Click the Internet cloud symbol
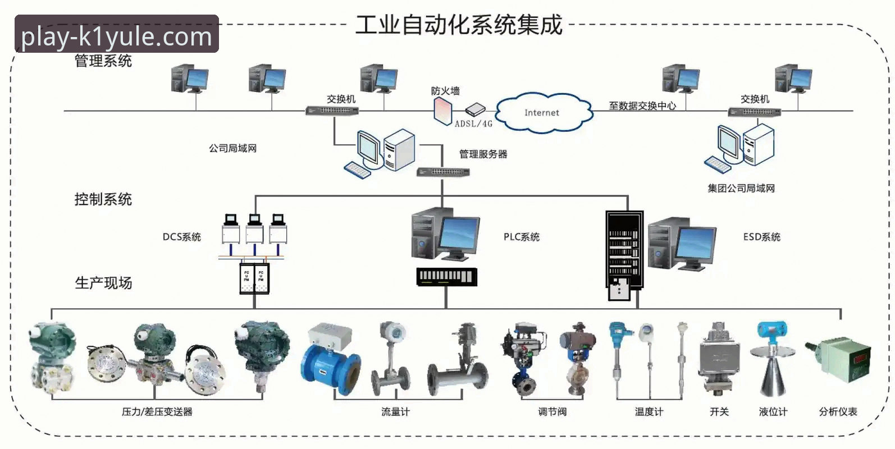click(x=542, y=113)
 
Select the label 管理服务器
click(x=483, y=154)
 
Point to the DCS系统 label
click(x=181, y=237)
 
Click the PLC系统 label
click(x=521, y=237)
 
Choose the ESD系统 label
click(x=761, y=237)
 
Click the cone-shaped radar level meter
click(x=772, y=365)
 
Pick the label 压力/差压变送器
click(x=157, y=412)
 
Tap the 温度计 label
click(x=649, y=412)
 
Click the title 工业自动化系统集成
click(x=459, y=25)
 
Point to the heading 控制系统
click(x=103, y=199)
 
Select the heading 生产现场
click(x=103, y=283)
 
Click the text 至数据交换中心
click(x=642, y=106)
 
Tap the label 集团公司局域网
click(x=741, y=189)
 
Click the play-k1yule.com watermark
click(x=116, y=37)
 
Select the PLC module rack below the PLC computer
click(x=446, y=277)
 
